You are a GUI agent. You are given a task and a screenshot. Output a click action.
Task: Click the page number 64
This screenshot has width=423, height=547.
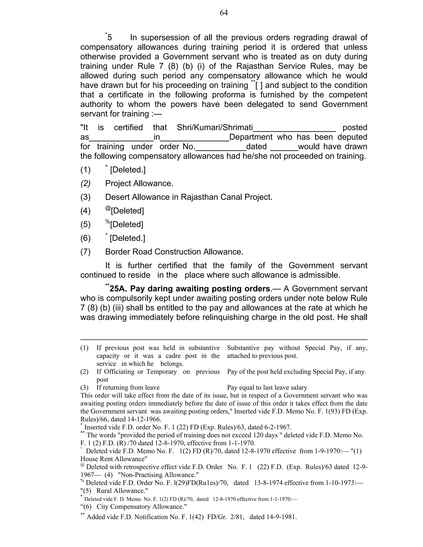pyautogui.click(x=223, y=13)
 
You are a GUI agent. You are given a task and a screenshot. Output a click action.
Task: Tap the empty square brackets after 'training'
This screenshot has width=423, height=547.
pyautogui.click(x=259, y=85)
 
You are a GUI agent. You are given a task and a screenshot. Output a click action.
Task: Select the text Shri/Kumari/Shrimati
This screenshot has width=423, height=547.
pyautogui.click(x=215, y=128)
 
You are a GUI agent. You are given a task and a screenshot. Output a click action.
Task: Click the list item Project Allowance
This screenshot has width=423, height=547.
pyautogui.click(x=139, y=183)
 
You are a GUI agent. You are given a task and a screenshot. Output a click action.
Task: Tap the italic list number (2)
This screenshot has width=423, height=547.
pyautogui.click(x=85, y=183)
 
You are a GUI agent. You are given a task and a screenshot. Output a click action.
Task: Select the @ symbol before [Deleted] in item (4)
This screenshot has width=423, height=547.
pyautogui.click(x=108, y=208)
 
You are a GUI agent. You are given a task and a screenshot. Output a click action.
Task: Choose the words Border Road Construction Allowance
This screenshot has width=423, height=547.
pyautogui.click(x=174, y=252)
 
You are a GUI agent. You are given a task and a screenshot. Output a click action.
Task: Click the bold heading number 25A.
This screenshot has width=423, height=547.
pyautogui.click(x=118, y=289)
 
